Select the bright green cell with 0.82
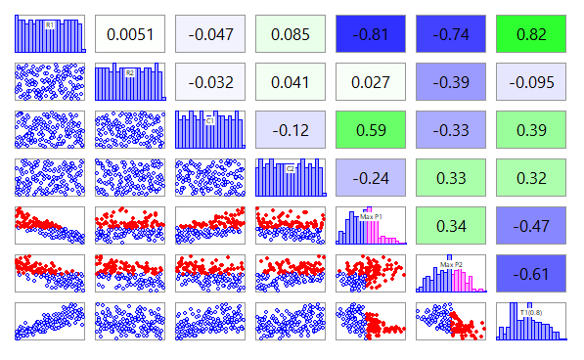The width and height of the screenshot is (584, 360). coord(530,34)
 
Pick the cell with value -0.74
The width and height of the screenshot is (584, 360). coord(450,34)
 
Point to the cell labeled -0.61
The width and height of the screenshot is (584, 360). coord(530,275)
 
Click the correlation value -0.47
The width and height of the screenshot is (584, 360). coord(530,227)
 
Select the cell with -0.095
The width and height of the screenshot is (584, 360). coord(530,82)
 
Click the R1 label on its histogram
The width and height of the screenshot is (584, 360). coord(49,24)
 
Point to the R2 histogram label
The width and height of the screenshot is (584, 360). coord(129,72)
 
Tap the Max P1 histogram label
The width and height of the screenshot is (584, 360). coord(372,215)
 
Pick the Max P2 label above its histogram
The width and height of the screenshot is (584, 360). coord(450,264)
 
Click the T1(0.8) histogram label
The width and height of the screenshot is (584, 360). coord(530,312)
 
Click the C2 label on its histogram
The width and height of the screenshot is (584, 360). coord(291,168)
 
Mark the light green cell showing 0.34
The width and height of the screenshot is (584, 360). coord(450,227)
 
